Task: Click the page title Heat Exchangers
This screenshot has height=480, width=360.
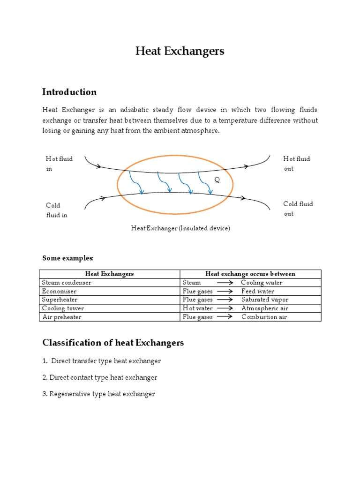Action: [180, 51]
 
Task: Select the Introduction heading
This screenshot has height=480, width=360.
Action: [69, 92]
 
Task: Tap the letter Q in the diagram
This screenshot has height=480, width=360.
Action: [217, 180]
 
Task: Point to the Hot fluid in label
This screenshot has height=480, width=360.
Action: [59, 164]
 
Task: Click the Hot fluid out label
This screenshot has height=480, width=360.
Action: [296, 164]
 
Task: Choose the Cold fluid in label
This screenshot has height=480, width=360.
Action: [56, 210]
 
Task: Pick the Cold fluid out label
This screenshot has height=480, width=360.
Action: [298, 209]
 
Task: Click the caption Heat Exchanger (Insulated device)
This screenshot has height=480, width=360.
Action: [180, 228]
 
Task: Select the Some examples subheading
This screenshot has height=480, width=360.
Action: [68, 258]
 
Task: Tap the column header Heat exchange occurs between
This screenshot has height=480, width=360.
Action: [250, 274]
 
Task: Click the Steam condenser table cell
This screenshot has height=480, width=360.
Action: [67, 283]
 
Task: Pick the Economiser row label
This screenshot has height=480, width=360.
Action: [60, 291]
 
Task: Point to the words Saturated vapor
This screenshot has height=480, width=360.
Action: [265, 300]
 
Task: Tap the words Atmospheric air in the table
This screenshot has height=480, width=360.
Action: [265, 308]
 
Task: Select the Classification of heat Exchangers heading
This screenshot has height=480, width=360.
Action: [113, 343]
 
